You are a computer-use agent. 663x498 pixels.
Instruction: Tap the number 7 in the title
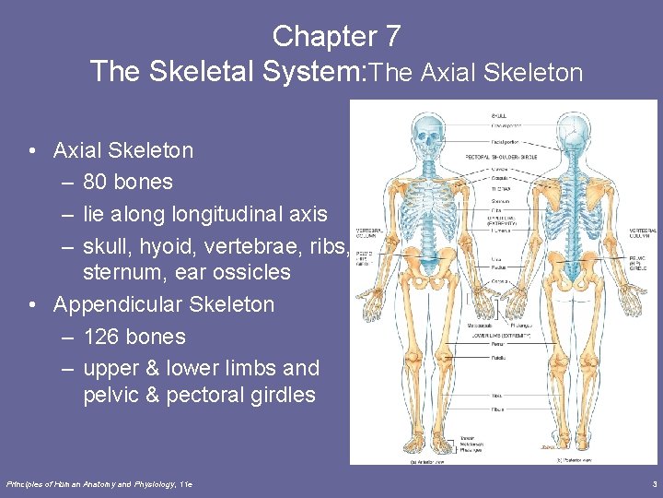click(392, 37)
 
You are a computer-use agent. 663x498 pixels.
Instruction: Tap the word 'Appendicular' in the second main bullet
click(116, 304)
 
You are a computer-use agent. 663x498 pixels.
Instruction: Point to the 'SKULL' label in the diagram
click(498, 115)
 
